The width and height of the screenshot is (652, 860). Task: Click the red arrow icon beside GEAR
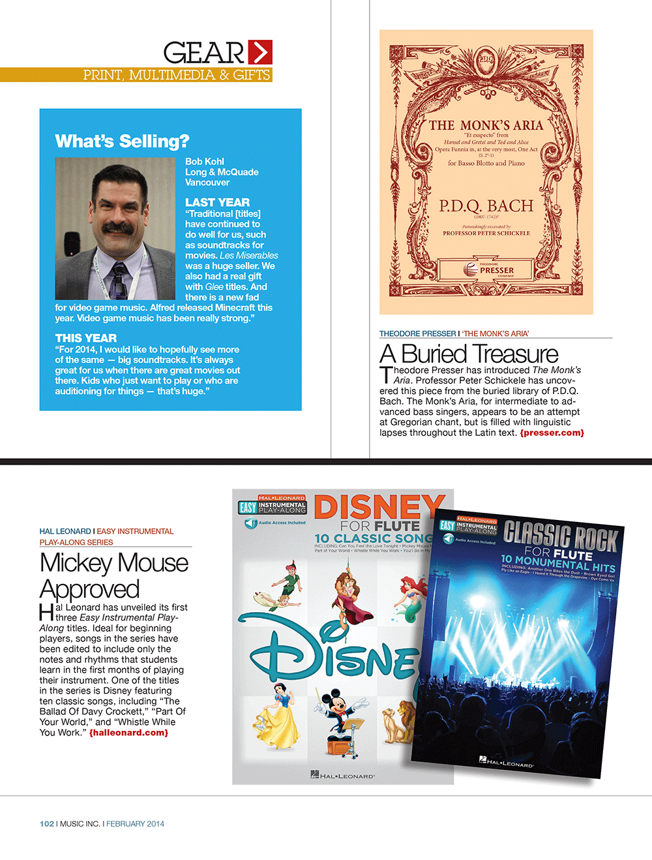click(x=260, y=52)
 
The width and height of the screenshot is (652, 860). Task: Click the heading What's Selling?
click(x=122, y=141)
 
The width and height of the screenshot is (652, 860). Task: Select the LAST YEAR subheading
click(x=217, y=202)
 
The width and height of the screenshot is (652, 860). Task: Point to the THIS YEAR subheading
click(x=86, y=338)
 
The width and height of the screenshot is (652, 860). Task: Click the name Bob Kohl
click(x=204, y=161)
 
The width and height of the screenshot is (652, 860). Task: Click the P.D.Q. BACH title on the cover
click(x=486, y=206)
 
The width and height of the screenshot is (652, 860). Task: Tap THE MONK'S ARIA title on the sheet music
click(x=486, y=125)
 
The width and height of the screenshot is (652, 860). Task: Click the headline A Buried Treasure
click(x=469, y=354)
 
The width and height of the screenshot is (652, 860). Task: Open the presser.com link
click(x=552, y=433)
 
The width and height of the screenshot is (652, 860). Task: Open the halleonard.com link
click(x=128, y=733)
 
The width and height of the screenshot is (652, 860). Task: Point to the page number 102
click(x=47, y=823)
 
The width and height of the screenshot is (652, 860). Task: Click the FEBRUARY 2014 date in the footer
click(x=135, y=823)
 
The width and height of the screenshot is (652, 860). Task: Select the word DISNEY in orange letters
click(x=379, y=507)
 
